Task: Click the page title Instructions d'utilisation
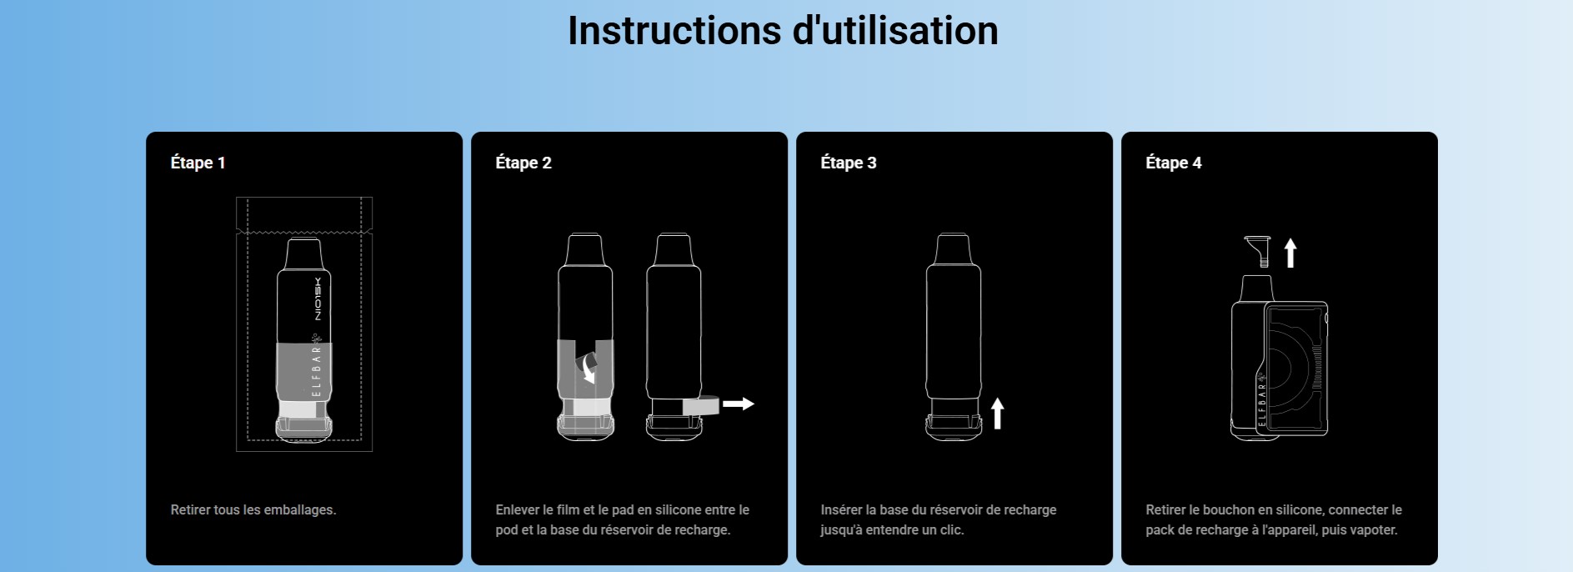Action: coord(783,31)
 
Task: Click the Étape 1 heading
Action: coord(198,163)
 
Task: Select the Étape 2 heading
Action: coord(523,163)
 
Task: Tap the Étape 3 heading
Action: coord(849,163)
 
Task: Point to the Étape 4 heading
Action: coord(1174,163)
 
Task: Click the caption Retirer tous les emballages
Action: coord(253,509)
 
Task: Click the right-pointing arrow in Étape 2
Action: coord(738,404)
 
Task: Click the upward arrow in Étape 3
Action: coord(997,414)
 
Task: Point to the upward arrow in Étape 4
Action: coord(1290,253)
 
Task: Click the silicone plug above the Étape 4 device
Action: coord(1259,250)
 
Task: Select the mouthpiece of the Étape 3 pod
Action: coord(953,249)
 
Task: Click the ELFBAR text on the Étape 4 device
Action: coord(1261,401)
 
